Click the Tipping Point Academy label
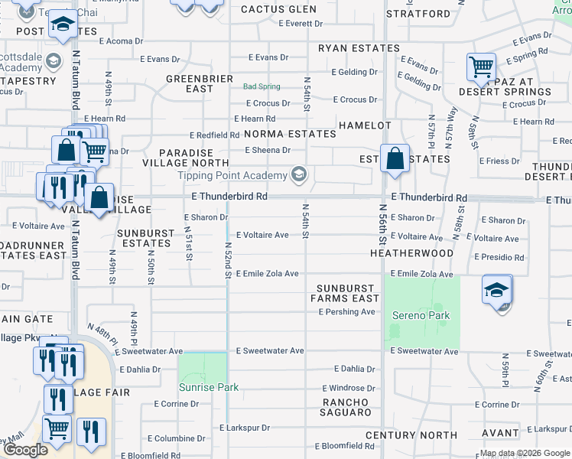[232, 175]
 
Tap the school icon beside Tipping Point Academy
[298, 176]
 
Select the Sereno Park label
[421, 315]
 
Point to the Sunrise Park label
[203, 387]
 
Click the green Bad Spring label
[262, 86]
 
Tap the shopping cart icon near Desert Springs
[481, 67]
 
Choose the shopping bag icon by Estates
[395, 160]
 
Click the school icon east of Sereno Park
[497, 291]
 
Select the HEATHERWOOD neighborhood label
[411, 252]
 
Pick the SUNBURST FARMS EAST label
[345, 293]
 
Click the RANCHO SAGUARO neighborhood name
[346, 407]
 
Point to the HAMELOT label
[365, 125]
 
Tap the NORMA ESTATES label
[290, 134]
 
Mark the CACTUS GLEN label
[278, 9]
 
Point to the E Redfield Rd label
[214, 135]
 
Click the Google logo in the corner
[25, 450]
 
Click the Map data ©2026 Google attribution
[524, 453]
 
